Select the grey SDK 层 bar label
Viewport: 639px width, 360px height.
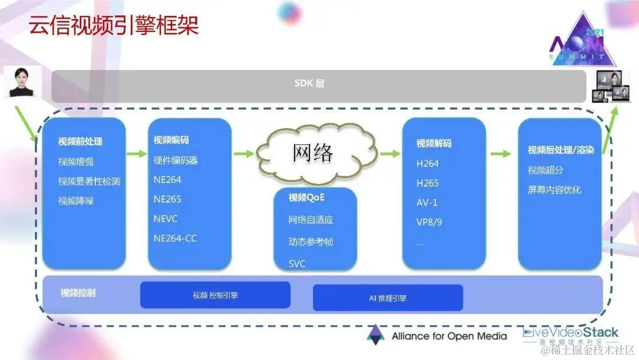(309, 83)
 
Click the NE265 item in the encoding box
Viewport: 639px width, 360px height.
(167, 199)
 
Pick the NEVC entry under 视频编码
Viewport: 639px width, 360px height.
(166, 218)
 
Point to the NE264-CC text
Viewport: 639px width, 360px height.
(175, 239)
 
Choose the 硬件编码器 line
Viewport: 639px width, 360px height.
(176, 160)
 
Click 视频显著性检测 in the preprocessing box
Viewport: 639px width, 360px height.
(89, 181)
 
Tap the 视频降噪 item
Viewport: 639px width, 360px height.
(76, 201)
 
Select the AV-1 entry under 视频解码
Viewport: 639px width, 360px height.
(427, 202)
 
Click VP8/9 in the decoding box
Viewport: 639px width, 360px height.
(430, 222)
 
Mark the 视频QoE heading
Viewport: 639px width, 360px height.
(306, 198)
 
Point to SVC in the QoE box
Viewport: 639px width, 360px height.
(297, 263)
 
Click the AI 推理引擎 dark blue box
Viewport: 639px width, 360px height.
(388, 298)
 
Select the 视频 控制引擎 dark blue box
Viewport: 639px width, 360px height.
(215, 295)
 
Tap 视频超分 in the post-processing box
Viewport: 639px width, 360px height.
(546, 171)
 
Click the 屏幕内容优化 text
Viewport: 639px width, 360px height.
(554, 190)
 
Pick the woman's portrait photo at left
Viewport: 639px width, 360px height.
(22, 81)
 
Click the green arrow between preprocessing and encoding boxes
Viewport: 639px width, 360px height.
(137, 155)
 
